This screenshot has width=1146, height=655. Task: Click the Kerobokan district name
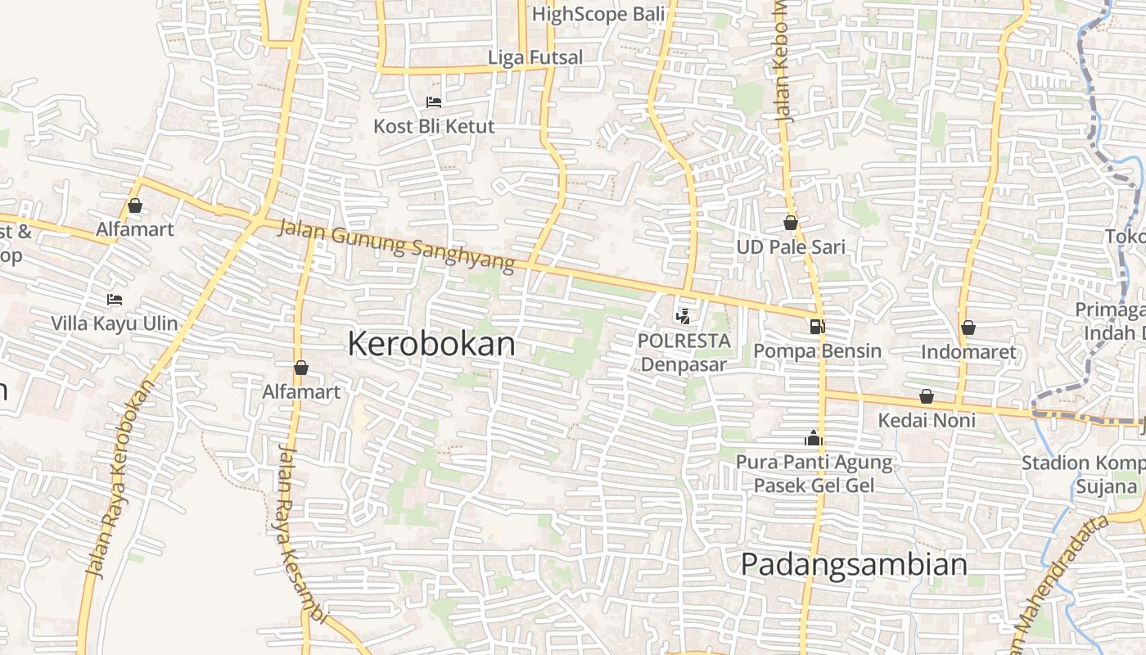tap(431, 344)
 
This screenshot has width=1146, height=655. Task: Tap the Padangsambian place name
tap(854, 565)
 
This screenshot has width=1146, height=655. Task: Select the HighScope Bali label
tap(598, 14)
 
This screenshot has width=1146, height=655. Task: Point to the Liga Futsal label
tap(535, 57)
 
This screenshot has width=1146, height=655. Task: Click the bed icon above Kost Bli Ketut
tap(434, 102)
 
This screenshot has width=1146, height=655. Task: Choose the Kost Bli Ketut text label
tap(434, 126)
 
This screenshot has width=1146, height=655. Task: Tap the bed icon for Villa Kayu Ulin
tap(115, 300)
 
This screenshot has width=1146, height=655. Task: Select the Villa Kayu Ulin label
tap(115, 323)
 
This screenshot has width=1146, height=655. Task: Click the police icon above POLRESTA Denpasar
tap(683, 315)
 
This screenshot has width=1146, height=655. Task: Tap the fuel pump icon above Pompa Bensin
tap(816, 327)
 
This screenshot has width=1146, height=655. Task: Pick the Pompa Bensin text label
tap(817, 351)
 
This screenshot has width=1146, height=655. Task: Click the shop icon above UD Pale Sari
tap(791, 223)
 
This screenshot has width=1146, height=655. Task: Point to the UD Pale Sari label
tap(791, 247)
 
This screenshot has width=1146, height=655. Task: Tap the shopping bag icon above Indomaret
tap(968, 327)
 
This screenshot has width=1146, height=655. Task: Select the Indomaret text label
tap(968, 352)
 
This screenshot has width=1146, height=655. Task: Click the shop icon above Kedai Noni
tap(927, 396)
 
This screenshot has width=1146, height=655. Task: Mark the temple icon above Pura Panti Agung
tap(813, 438)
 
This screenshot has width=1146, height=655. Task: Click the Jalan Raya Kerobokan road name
tap(120, 479)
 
